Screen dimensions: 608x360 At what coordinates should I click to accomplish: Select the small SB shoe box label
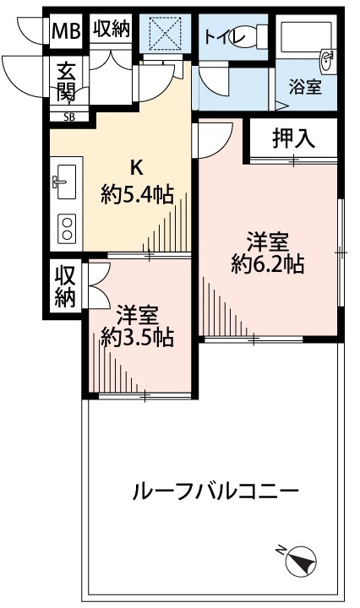(x=68, y=117)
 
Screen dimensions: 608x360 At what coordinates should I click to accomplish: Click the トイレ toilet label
(x=224, y=36)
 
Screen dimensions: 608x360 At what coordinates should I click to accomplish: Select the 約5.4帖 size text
(x=137, y=195)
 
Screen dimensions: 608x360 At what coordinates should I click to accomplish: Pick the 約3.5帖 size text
(x=137, y=338)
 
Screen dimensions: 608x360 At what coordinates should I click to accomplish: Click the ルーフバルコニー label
(x=216, y=491)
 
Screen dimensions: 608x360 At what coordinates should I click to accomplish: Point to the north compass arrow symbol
(x=302, y=558)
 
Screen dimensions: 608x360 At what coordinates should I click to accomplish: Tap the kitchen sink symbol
(x=65, y=180)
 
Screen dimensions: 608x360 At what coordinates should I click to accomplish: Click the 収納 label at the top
(x=112, y=30)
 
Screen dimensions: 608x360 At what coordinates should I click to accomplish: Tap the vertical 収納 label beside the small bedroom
(x=66, y=286)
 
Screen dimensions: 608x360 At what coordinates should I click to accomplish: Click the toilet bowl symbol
(x=253, y=36)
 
